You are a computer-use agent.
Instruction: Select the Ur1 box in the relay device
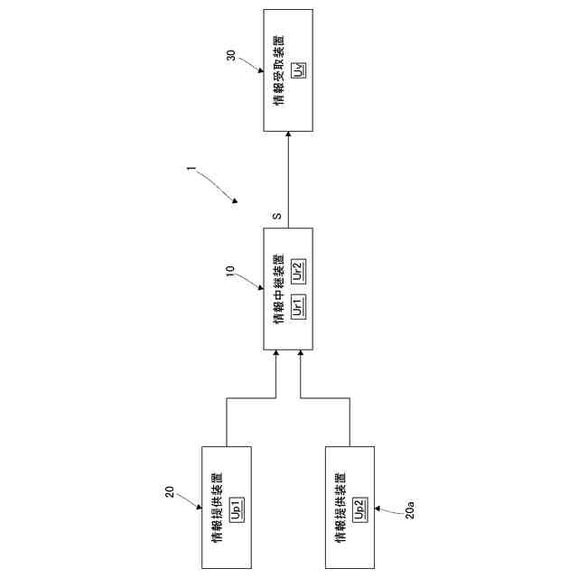(298, 308)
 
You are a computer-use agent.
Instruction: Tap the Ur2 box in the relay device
(298, 269)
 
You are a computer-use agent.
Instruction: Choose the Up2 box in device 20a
(359, 508)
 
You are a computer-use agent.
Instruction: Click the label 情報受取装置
(279, 70)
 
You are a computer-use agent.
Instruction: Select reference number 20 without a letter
(169, 492)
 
